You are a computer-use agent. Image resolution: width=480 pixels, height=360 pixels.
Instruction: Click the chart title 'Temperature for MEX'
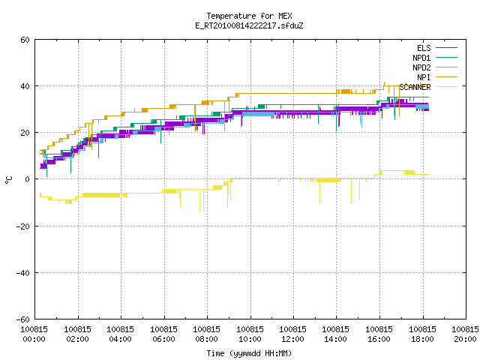pyautogui.click(x=249, y=16)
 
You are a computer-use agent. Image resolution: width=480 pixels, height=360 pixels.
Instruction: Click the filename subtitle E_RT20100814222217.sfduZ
pyautogui.click(x=249, y=25)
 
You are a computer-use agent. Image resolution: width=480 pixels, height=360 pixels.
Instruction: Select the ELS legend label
pyautogui.click(x=424, y=48)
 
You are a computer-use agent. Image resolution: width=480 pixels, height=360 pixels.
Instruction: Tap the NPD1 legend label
pyautogui.click(x=421, y=58)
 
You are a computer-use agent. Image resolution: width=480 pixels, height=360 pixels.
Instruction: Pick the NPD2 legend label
pyautogui.click(x=421, y=67)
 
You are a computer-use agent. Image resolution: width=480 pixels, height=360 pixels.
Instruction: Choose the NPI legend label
pyautogui.click(x=424, y=77)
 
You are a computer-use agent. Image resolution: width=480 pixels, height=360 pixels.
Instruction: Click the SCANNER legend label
pyautogui.click(x=415, y=87)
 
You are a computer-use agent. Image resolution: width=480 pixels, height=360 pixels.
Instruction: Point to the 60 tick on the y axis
pyautogui.click(x=25, y=40)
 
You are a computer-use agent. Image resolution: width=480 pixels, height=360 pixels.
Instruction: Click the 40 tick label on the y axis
pyautogui.click(x=25, y=86)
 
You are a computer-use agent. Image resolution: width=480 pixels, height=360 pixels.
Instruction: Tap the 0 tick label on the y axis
pyautogui.click(x=27, y=179)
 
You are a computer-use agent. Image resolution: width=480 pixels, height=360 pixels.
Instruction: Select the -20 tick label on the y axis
pyautogui.click(x=23, y=226)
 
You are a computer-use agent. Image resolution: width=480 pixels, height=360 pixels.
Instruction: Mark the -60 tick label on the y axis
pyautogui.click(x=23, y=319)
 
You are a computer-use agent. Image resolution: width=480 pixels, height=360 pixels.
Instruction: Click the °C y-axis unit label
pyautogui.click(x=8, y=180)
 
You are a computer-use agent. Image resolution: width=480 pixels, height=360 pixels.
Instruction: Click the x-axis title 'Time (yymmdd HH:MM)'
pyautogui.click(x=249, y=353)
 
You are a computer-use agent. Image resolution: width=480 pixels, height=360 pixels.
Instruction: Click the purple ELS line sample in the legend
pyautogui.click(x=447, y=48)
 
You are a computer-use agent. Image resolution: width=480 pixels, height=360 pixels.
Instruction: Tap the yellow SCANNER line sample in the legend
pyautogui.click(x=447, y=87)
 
